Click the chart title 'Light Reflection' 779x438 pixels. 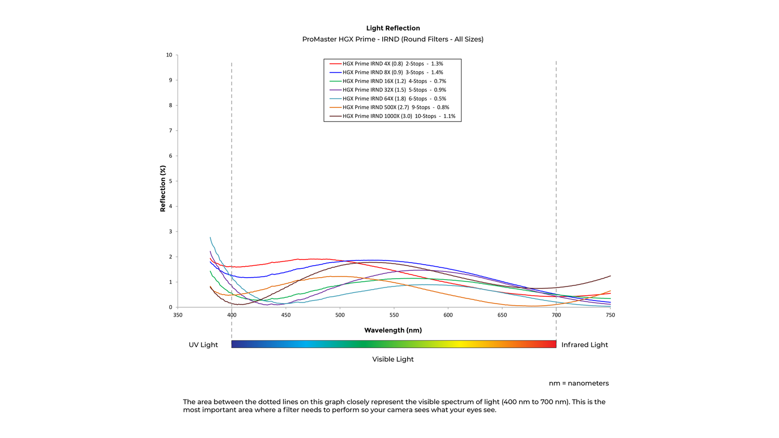point(393,28)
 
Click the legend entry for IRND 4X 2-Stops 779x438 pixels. point(392,64)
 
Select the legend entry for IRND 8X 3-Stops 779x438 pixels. point(392,73)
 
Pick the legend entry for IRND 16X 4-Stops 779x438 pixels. point(394,81)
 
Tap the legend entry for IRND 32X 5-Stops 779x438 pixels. point(394,90)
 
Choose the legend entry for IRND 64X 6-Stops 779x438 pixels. point(394,99)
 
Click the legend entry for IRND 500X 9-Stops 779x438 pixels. point(395,107)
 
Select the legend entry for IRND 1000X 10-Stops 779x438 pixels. point(398,116)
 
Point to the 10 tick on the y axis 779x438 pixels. point(169,55)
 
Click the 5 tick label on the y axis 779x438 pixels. point(170,181)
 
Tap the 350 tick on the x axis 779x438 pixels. point(178,315)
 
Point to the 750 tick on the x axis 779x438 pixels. point(610,315)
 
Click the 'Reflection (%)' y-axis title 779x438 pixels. point(163,189)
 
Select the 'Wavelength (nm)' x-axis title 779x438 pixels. point(393,330)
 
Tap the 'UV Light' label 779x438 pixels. point(203,345)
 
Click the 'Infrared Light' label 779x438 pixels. point(584,345)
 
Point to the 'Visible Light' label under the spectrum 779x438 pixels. point(393,359)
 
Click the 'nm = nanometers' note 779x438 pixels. point(579,384)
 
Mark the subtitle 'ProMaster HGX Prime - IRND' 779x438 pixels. point(393,39)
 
